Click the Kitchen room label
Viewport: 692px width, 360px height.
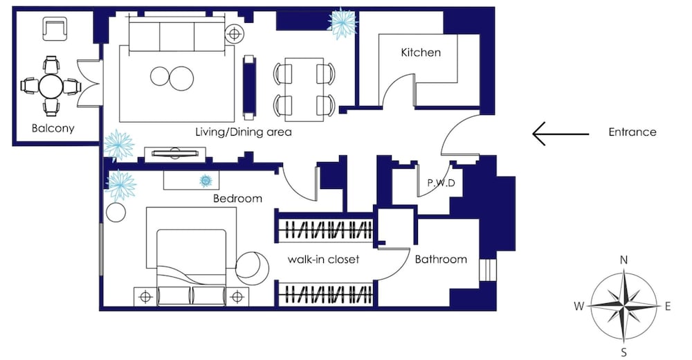click(x=421, y=53)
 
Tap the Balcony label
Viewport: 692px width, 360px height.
click(x=53, y=129)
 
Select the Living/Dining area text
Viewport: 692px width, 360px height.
click(x=244, y=132)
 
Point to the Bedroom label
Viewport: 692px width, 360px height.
click(x=237, y=198)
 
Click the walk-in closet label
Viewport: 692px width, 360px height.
click(x=323, y=260)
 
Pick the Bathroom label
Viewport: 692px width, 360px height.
click(x=441, y=260)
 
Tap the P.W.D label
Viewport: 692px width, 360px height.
click(x=441, y=183)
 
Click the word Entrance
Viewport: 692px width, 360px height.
click(x=632, y=132)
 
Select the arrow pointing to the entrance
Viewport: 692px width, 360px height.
click(x=561, y=134)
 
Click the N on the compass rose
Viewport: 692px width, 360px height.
click(x=623, y=260)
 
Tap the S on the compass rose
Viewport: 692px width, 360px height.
click(x=623, y=352)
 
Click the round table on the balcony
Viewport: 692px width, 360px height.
click(x=51, y=86)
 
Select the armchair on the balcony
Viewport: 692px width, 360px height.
click(x=55, y=28)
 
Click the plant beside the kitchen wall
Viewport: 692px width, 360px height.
click(x=343, y=23)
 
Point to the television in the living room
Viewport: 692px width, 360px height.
click(x=175, y=153)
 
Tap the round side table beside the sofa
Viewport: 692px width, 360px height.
click(x=234, y=33)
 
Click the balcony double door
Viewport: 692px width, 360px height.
click(x=89, y=84)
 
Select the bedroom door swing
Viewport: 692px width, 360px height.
click(x=300, y=183)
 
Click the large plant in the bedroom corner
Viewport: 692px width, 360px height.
click(x=120, y=186)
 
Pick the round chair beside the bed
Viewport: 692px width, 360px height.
click(x=252, y=268)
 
